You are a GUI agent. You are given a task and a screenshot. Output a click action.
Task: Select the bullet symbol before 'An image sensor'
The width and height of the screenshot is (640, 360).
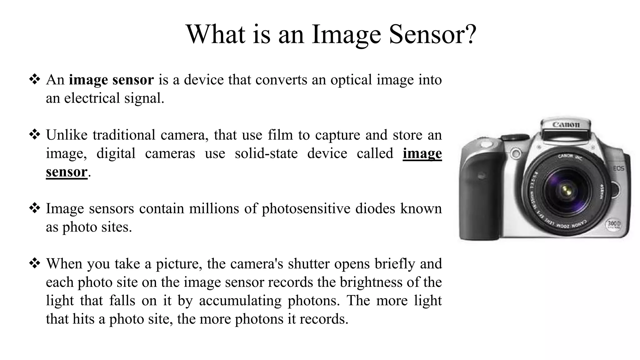point(35,79)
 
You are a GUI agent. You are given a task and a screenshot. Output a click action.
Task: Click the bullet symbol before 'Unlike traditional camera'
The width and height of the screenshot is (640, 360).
point(35,134)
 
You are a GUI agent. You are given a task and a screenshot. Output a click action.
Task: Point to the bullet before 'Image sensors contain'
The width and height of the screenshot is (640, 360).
point(35,208)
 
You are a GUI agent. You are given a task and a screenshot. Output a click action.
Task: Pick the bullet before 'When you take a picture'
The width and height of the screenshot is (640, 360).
point(35,263)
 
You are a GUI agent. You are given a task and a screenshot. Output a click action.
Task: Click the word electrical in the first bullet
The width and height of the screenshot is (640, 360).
point(92,98)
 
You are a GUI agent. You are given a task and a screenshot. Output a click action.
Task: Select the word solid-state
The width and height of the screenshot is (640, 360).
point(266,153)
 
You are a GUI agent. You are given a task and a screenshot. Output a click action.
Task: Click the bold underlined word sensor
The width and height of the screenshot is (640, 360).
point(67,172)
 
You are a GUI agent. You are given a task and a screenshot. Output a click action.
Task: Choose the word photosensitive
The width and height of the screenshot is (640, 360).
point(306,208)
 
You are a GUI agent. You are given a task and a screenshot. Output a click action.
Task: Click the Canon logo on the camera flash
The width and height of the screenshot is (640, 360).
point(566,124)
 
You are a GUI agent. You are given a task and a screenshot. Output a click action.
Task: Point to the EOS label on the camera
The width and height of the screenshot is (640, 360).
point(618,168)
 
